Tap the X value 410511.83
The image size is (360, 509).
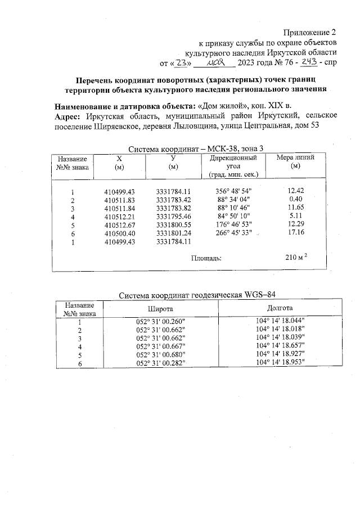click(119, 200)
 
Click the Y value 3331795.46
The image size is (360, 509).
click(174, 217)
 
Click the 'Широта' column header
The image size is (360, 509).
click(160, 309)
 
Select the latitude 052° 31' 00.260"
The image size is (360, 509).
click(160, 322)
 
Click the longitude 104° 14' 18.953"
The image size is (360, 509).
click(280, 363)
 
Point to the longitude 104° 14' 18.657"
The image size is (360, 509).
click(280, 346)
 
